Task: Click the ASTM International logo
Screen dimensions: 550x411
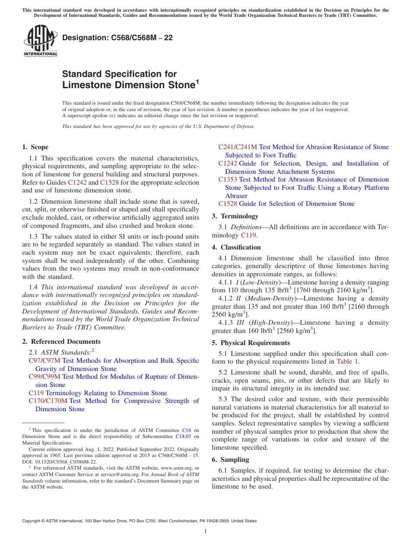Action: pos(40,41)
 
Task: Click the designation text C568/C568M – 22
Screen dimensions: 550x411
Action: pos(117,38)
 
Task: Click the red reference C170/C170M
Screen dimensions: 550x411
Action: pos(48,401)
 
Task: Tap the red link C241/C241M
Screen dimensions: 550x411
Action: pos(238,147)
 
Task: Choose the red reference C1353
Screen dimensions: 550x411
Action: pos(228,179)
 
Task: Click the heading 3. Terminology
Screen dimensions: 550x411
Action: pos(235,216)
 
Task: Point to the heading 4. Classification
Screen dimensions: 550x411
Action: pos(236,247)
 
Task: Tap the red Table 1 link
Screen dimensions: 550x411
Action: pos(347,361)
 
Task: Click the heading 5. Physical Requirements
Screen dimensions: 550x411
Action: pos(251,343)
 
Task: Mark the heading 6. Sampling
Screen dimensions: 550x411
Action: pos(230,460)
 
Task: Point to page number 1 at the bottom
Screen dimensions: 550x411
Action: pos(205,531)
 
